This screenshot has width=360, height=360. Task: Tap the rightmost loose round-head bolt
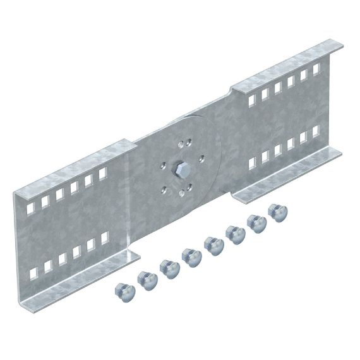pyautogui.click(x=276, y=212)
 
